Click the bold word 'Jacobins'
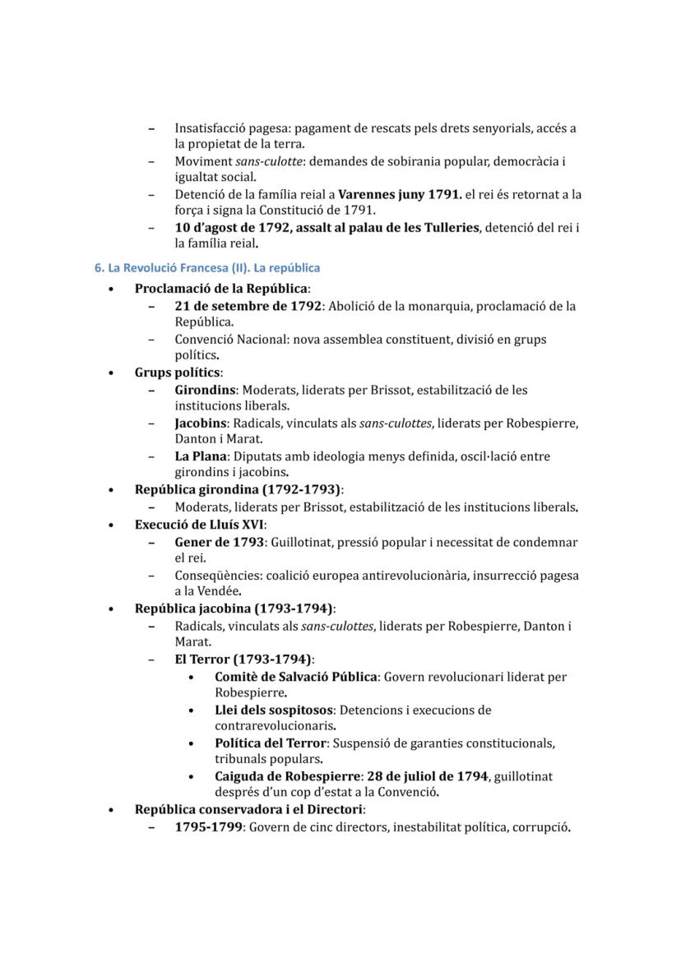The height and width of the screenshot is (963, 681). pos(201,424)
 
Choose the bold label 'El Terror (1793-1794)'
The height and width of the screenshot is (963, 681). pos(243,659)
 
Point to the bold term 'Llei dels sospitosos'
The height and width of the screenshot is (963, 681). pos(274,710)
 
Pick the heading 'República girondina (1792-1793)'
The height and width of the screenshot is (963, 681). pos(238,490)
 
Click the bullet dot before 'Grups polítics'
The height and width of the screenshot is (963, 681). pos(111,373)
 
